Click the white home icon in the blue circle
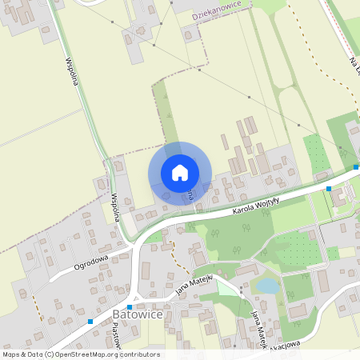click(179, 173)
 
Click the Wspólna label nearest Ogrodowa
click(115, 206)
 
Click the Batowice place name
click(138, 315)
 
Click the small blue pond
click(267, 285)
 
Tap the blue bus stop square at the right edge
click(356, 167)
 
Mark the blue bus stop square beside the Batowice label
click(130, 307)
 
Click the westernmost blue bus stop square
click(90, 322)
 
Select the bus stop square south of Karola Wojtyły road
click(328, 189)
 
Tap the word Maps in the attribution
click(11, 354)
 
